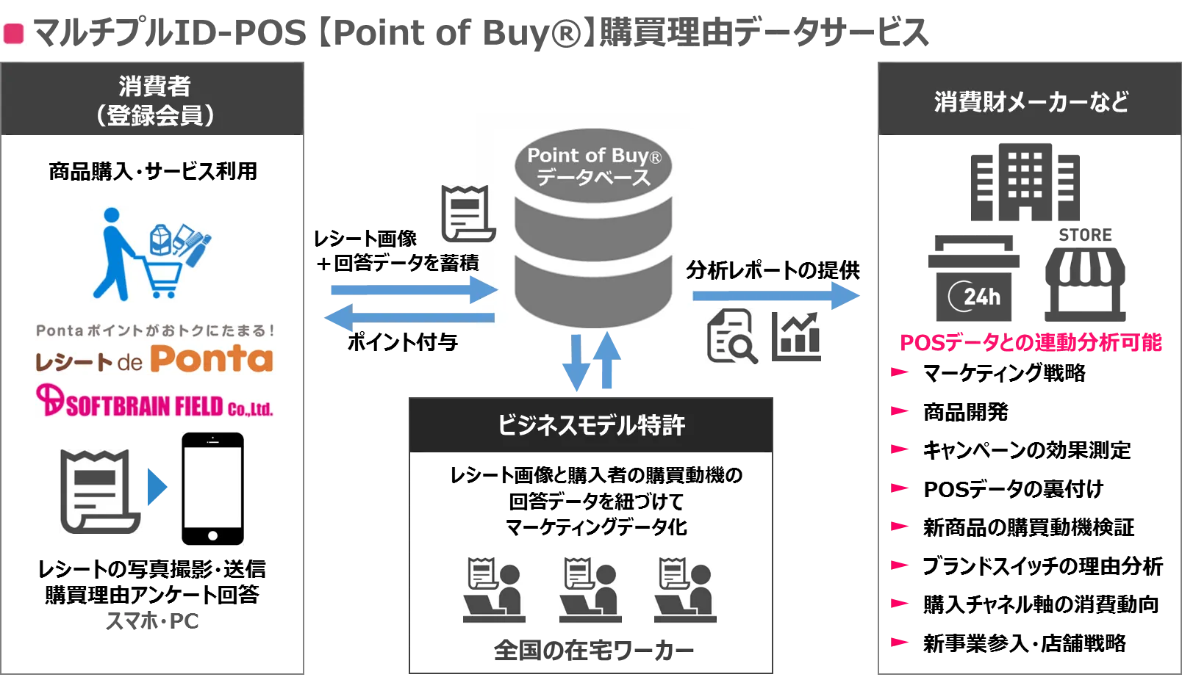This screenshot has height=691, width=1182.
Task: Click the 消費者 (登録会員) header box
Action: pyautogui.click(x=153, y=99)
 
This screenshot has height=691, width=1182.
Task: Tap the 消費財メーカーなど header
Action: pyautogui.click(x=1030, y=101)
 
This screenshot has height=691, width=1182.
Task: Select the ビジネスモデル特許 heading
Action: pyautogui.click(x=591, y=425)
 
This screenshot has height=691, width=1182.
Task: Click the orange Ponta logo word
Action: pyautogui.click(x=212, y=359)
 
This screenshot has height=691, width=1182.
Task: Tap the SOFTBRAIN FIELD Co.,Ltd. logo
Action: pyautogui.click(x=155, y=403)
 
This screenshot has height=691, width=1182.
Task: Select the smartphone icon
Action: pyautogui.click(x=212, y=488)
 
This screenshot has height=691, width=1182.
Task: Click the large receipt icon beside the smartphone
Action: pyautogui.click(x=101, y=490)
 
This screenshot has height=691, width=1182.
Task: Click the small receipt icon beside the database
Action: pyautogui.click(x=465, y=213)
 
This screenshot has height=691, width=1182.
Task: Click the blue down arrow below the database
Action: pyautogui.click(x=575, y=363)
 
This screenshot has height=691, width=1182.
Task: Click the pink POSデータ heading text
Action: pyautogui.click(x=1031, y=342)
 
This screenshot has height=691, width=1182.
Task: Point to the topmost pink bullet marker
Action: pyautogui.click(x=899, y=373)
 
